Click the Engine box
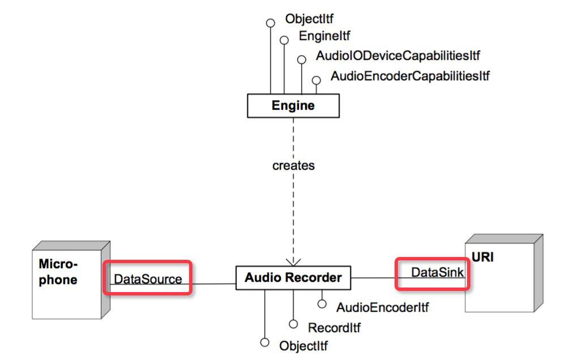coord(293,106)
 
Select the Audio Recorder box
coord(293,278)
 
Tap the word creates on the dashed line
coord(293,166)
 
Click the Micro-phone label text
coord(58,272)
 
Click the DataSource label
coord(148,278)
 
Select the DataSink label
coord(438,272)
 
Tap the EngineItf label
coord(324,36)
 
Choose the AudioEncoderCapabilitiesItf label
coord(410,75)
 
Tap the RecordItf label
coord(334,327)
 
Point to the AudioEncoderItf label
coord(382,308)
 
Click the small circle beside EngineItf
coord(284,40)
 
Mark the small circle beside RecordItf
coord(293,324)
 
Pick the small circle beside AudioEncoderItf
coord(322,305)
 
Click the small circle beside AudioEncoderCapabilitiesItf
coord(316,80)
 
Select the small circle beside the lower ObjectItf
coord(264,342)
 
